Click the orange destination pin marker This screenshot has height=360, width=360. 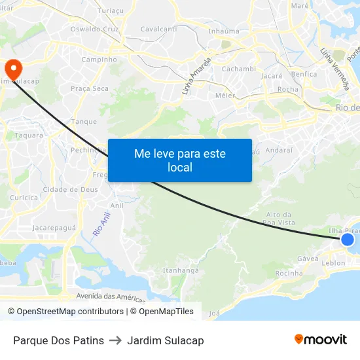click(x=12, y=67)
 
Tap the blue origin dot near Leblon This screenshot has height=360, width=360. click(x=348, y=240)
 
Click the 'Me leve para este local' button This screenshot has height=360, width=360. click(x=180, y=160)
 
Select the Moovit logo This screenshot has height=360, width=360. click(x=321, y=339)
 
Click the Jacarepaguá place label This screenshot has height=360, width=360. click(x=54, y=228)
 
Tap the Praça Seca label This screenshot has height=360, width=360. click(x=90, y=88)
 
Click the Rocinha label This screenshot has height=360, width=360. click(x=289, y=273)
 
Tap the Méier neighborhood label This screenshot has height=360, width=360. click(x=225, y=96)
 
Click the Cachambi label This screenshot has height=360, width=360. click(x=238, y=69)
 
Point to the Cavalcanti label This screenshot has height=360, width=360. click(x=158, y=29)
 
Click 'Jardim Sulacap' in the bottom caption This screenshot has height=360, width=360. click(x=166, y=340)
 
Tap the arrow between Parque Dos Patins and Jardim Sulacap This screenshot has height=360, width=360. click(x=116, y=340)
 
